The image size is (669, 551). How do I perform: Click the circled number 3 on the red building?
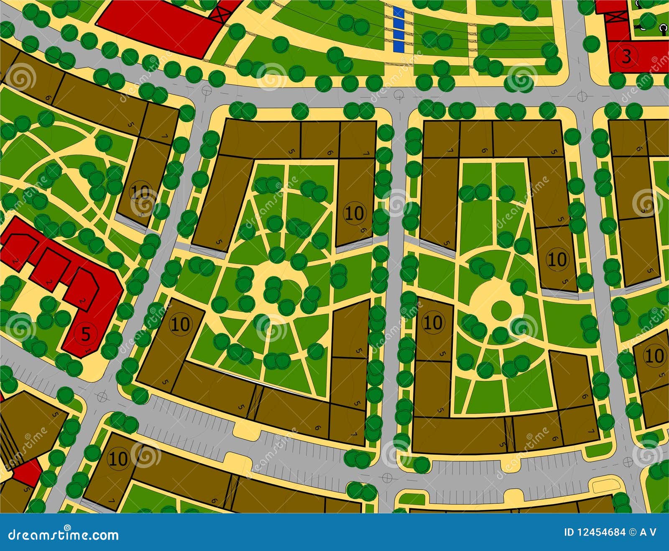point(626,56)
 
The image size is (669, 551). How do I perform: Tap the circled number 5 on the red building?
point(85,334)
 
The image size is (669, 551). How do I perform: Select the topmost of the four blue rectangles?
point(399,13)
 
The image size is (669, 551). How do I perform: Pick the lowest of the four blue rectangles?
point(399,46)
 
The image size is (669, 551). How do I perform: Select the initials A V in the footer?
point(648,532)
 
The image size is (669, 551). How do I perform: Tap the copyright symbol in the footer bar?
point(632,532)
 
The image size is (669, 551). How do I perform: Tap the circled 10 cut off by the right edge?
point(654,356)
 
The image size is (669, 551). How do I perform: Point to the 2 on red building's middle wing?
point(49,284)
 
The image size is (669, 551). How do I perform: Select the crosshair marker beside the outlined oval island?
point(628,462)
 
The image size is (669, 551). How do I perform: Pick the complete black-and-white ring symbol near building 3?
point(664,28)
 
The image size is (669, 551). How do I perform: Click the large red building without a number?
point(159,25)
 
